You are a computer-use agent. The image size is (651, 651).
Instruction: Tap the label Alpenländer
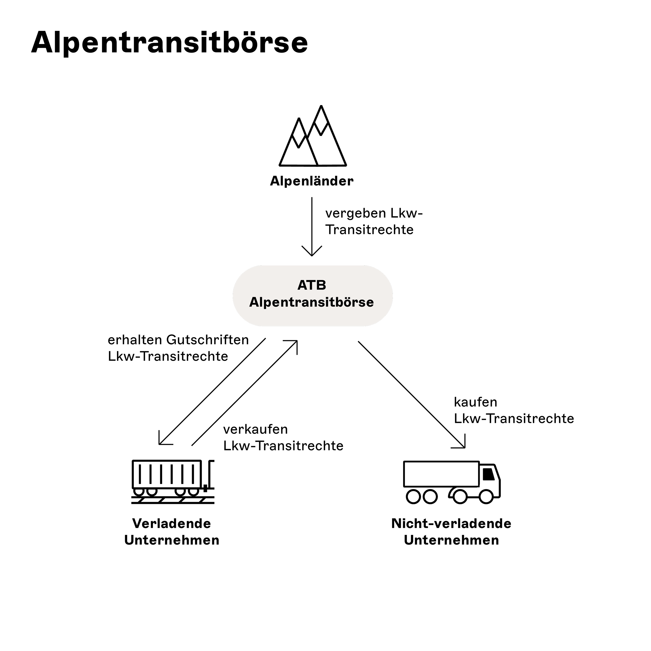[312, 181]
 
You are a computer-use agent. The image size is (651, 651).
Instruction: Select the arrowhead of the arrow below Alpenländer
[312, 253]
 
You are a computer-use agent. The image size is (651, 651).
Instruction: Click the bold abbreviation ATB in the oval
[312, 285]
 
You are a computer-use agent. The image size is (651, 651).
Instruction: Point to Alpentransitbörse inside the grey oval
[312, 302]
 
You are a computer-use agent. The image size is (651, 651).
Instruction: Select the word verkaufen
[255, 429]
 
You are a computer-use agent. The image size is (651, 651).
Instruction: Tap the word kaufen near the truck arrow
[475, 402]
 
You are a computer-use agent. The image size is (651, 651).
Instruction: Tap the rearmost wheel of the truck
[413, 497]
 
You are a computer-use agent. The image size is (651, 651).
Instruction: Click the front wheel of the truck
[486, 497]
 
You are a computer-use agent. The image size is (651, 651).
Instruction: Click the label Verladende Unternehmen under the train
[172, 532]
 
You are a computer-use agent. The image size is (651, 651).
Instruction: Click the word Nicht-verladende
[451, 524]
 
